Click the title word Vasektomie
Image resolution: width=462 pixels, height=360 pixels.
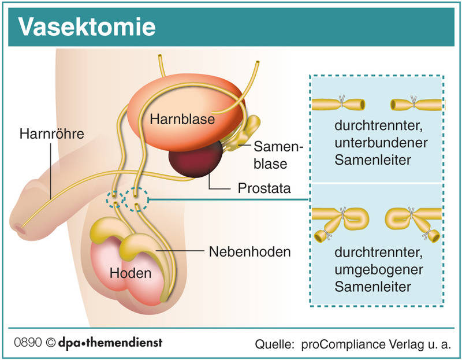pyautogui.click(x=87, y=27)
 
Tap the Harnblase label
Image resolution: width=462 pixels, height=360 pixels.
pyautogui.click(x=182, y=119)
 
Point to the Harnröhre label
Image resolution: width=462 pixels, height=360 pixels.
pyautogui.click(x=52, y=134)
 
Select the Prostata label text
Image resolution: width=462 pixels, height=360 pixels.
pyautogui.click(x=264, y=188)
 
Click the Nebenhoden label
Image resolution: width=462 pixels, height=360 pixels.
pyautogui.click(x=250, y=251)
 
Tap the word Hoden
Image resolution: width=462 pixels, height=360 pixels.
pyautogui.click(x=131, y=273)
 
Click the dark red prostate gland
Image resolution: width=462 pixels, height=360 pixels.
pyautogui.click(x=195, y=159)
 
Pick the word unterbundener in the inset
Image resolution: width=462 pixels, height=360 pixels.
pyautogui.click(x=381, y=143)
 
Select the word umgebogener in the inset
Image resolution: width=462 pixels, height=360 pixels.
pyautogui.click(x=379, y=270)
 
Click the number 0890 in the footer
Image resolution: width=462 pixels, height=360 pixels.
pyautogui.click(x=28, y=342)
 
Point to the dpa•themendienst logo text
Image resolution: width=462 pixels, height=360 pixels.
pyautogui.click(x=110, y=343)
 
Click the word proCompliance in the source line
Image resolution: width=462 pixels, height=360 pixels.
pyautogui.click(x=343, y=344)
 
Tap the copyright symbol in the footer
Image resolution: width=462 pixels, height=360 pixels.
pyautogui.click(x=51, y=343)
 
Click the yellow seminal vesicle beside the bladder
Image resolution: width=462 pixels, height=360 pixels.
pyautogui.click(x=244, y=133)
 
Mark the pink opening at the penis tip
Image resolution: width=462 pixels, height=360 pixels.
pyautogui.click(x=20, y=228)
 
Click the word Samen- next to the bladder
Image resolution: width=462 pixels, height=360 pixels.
pyautogui.click(x=278, y=147)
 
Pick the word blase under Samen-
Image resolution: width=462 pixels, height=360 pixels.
pyautogui.click(x=270, y=164)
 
